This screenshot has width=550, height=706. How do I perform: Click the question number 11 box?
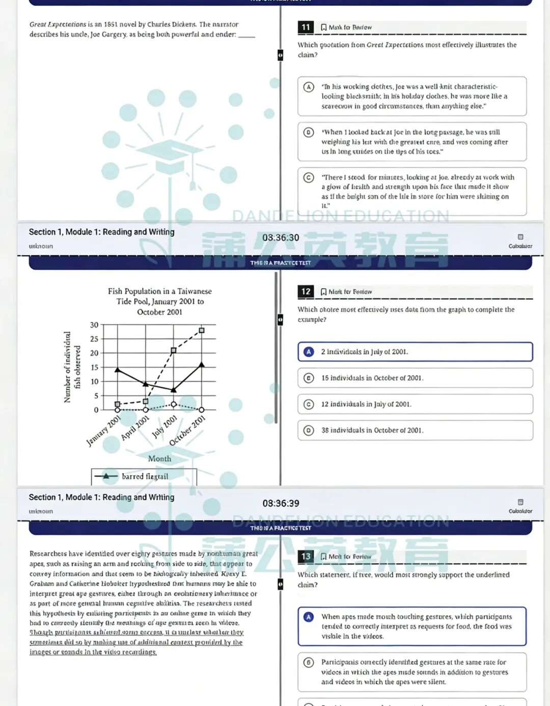click(306, 27)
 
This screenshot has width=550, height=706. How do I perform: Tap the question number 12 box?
click(306, 291)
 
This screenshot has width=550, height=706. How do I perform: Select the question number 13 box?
click(306, 556)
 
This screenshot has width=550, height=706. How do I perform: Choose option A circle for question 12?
click(309, 351)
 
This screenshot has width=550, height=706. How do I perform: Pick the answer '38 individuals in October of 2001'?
click(372, 430)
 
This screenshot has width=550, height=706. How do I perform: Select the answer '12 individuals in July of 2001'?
click(366, 404)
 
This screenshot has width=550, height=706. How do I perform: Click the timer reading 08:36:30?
click(281, 238)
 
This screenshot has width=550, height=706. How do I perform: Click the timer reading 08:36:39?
click(281, 503)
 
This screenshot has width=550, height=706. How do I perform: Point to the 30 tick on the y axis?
click(94, 325)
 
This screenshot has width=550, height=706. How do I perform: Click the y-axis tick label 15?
click(94, 367)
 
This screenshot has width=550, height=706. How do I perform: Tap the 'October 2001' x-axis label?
click(187, 431)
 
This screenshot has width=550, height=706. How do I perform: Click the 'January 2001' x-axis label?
click(104, 431)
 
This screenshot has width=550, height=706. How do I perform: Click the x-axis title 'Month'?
click(159, 458)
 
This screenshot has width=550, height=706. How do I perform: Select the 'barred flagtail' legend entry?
click(144, 476)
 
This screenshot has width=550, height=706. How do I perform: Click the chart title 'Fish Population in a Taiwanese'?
click(159, 291)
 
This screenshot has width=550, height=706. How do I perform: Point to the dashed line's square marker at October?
click(202, 331)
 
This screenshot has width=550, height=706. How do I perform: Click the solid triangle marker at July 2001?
click(174, 390)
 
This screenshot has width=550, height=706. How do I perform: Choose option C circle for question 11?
click(309, 178)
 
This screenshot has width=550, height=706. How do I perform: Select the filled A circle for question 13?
click(309, 617)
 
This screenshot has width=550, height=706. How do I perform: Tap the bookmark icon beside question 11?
click(323, 28)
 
